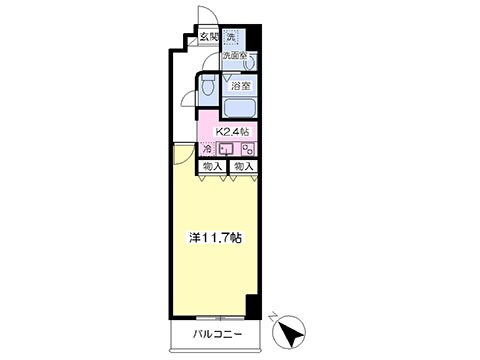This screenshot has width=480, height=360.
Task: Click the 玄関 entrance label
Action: pos(208,38)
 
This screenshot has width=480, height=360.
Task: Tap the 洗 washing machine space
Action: pos(231,39)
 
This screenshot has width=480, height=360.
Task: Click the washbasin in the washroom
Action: pos(248,63)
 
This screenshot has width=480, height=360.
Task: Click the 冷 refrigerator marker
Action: pos(207,149)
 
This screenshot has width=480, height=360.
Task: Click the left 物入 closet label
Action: pos(211,165)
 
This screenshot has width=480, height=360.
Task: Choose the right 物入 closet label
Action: pos(244,165)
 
